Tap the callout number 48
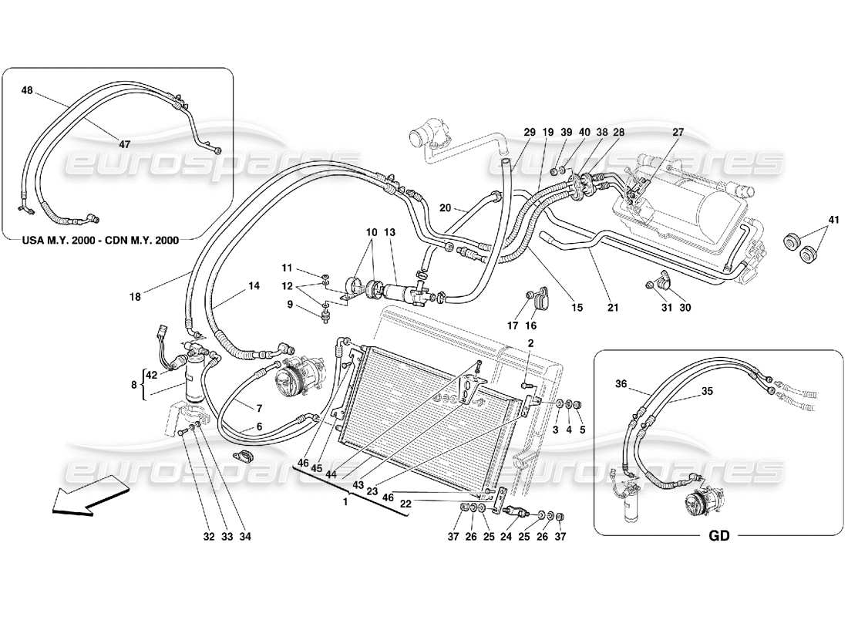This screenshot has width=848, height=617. (27, 90)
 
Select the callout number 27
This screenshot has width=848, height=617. (678, 133)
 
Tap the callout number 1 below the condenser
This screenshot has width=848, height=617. (346, 501)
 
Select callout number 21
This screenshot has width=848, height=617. (613, 308)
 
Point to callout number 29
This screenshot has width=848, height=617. (529, 133)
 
